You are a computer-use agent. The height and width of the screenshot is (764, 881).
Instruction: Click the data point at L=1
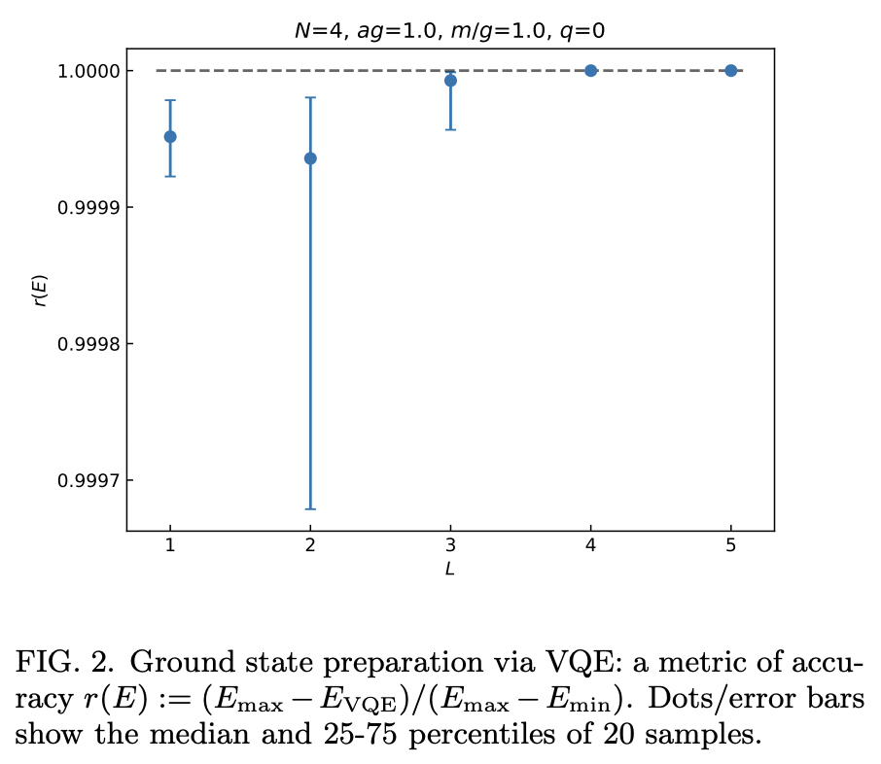coord(170,137)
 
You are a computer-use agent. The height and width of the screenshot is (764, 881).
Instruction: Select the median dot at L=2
coord(310,158)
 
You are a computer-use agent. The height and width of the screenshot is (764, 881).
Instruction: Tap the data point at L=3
coord(450,81)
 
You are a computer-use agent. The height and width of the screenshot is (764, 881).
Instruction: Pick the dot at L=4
coord(590,71)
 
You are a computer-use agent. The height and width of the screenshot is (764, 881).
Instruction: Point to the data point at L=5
coord(730,71)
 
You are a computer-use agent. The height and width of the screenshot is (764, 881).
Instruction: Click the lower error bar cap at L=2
coord(310,508)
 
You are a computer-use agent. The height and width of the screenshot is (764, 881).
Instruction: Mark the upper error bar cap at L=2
coord(310,97)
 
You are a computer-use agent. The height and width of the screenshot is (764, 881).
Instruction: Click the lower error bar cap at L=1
coord(170,176)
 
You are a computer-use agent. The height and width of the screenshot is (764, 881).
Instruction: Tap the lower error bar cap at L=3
coord(450,129)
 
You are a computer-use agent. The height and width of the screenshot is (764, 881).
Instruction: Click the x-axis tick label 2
coord(310,546)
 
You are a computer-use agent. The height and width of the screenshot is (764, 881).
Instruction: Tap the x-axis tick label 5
coord(730,546)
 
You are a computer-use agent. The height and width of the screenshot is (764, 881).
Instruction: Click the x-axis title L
coord(449,570)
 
